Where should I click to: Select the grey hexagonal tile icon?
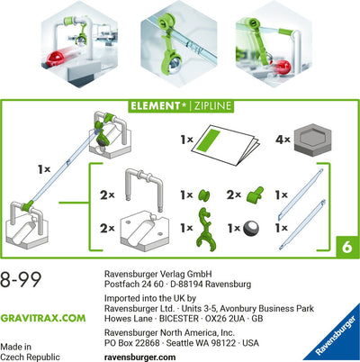pyautogui.click(x=311, y=142)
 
